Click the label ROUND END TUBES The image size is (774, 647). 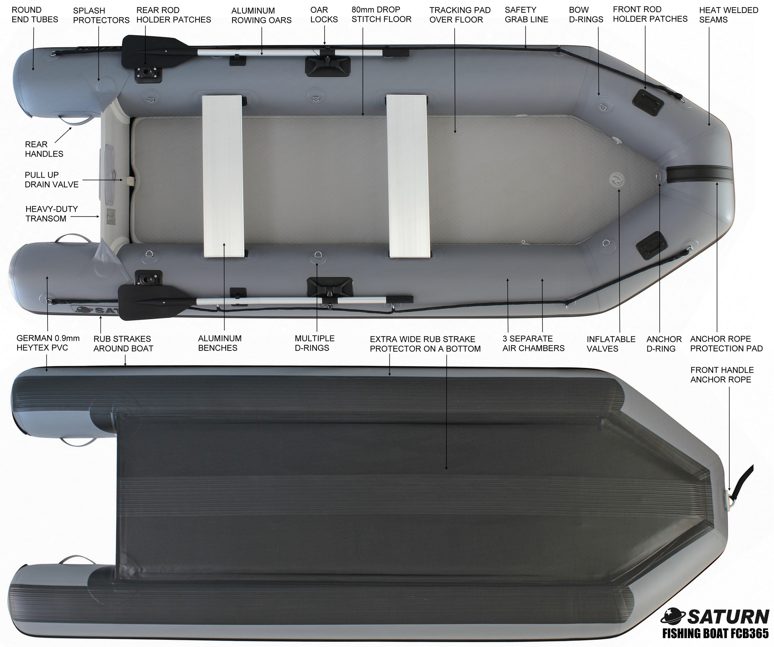click(x=35, y=15)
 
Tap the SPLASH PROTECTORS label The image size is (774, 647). click(x=101, y=16)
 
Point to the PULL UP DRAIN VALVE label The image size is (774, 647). click(x=51, y=180)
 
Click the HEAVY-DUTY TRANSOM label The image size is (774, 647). click(x=51, y=214)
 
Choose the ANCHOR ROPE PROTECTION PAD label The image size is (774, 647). click(x=726, y=344)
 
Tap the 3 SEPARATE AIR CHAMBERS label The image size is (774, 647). click(x=533, y=343)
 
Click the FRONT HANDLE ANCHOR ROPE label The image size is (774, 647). click(x=722, y=375)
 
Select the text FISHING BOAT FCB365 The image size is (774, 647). click(x=715, y=633)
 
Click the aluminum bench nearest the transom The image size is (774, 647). click(x=223, y=176)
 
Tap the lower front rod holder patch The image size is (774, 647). click(x=651, y=243)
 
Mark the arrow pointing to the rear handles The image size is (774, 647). click(x=63, y=135)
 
